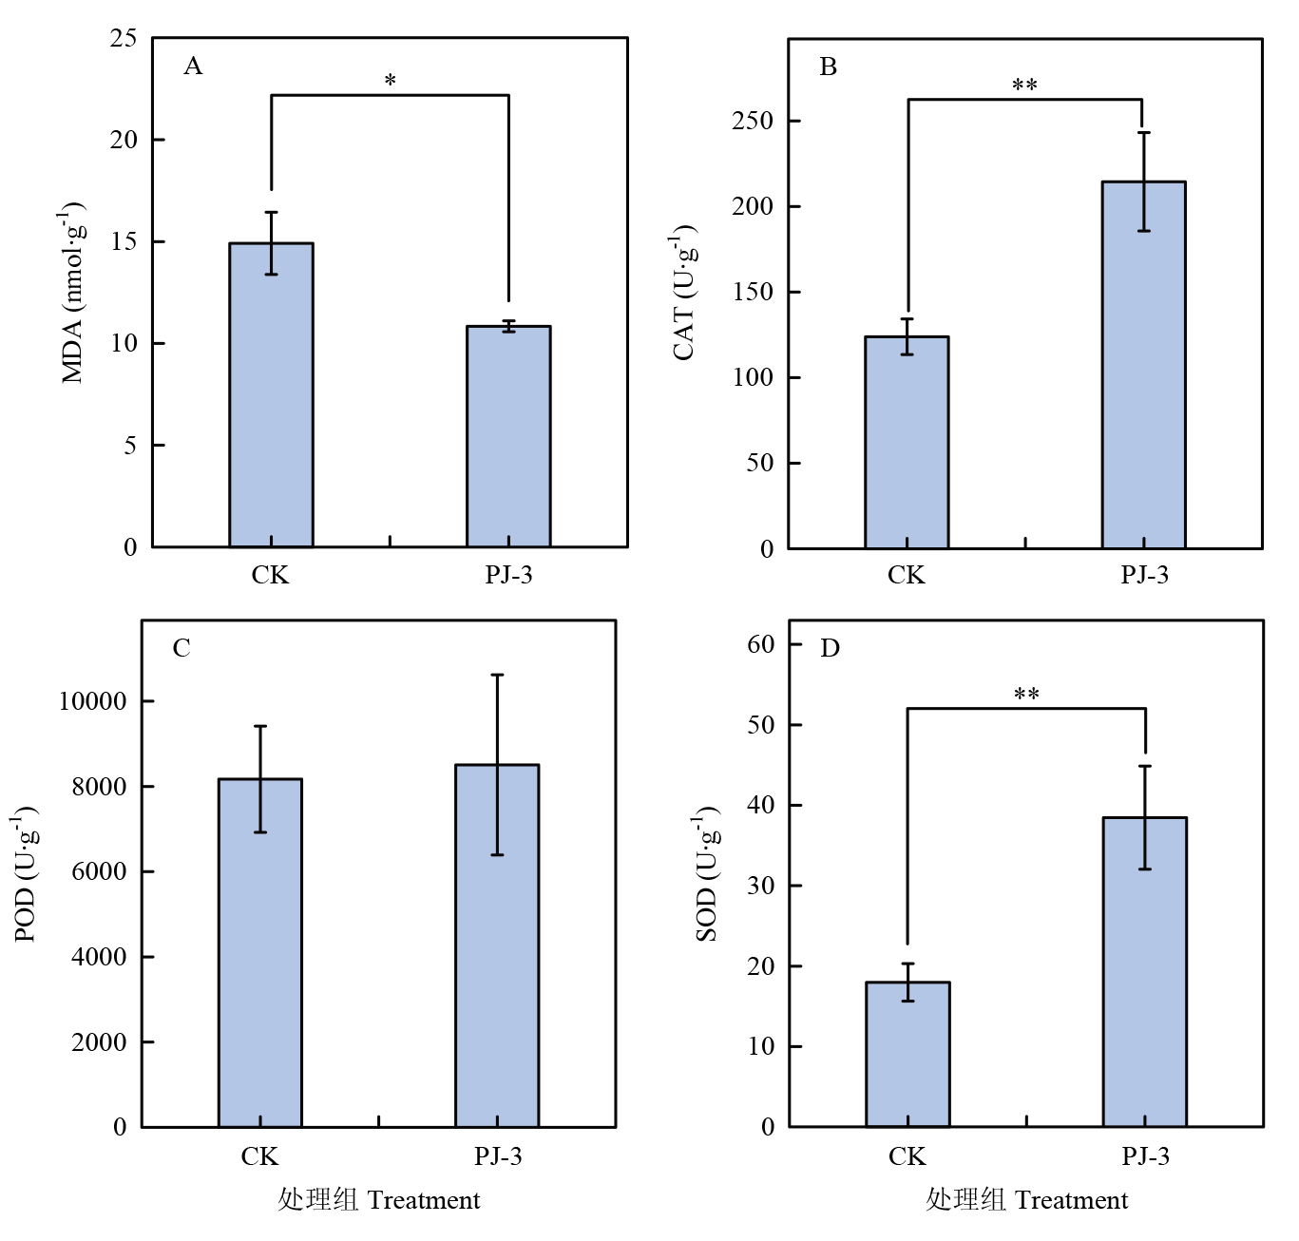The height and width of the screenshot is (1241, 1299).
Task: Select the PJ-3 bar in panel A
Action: click(508, 436)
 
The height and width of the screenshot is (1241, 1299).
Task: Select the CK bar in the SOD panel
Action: click(907, 1054)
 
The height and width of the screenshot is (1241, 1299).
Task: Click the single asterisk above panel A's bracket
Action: click(390, 82)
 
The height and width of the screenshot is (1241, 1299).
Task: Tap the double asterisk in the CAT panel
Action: click(1024, 86)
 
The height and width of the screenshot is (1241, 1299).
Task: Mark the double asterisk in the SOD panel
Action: click(1026, 696)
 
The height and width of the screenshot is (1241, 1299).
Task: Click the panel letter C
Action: click(181, 648)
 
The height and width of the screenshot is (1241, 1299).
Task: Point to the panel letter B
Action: click(829, 67)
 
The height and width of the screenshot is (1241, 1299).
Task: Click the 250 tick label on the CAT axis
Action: click(753, 121)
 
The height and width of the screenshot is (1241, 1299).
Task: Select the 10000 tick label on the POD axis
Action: click(92, 701)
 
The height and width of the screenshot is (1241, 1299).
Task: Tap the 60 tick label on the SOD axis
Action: click(760, 643)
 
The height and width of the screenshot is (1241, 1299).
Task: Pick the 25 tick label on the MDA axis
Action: click(124, 38)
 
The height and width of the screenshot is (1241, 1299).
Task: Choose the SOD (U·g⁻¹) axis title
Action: click(708, 874)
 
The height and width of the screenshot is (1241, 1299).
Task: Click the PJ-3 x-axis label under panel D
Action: click(1145, 1156)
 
